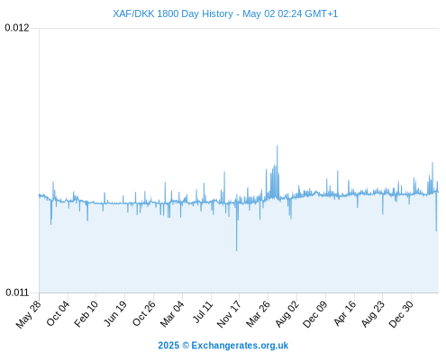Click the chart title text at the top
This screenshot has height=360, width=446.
225,13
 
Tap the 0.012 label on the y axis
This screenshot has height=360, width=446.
17,28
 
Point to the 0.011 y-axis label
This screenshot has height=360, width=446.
17,292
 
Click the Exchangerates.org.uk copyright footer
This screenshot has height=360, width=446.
223,346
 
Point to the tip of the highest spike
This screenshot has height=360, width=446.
278,146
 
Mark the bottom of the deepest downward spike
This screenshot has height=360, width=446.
237,250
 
